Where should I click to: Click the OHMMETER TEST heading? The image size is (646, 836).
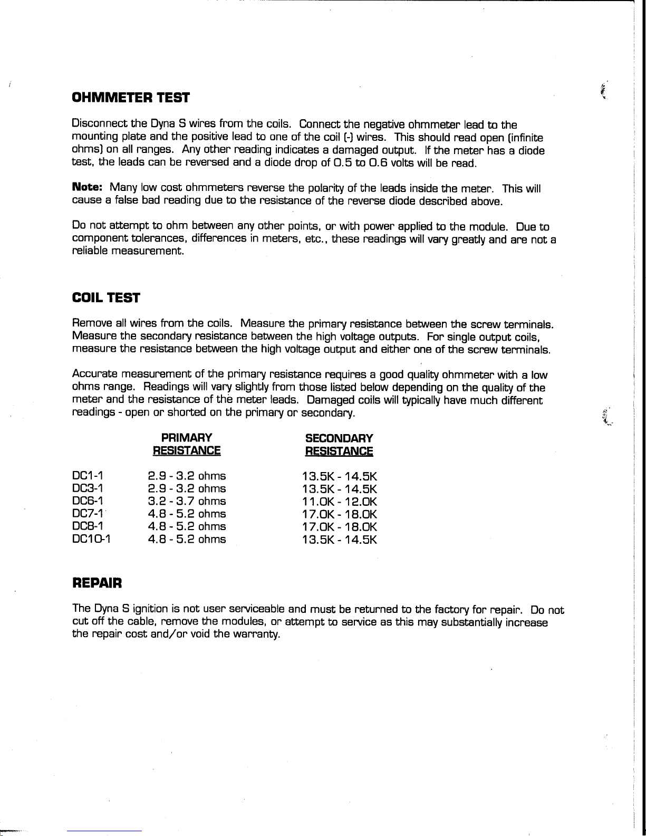click(x=130, y=98)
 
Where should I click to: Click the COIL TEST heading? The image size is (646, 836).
click(x=105, y=298)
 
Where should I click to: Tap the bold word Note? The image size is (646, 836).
click(x=87, y=188)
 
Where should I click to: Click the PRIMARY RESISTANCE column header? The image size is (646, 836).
click(x=186, y=444)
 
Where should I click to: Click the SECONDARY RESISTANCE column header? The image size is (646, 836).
click(x=339, y=444)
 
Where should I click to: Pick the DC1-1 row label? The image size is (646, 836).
click(x=87, y=476)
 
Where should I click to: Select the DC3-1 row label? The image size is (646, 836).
click(x=87, y=489)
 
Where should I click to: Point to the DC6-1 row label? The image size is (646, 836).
click(x=87, y=501)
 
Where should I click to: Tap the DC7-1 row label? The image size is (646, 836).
click(x=87, y=514)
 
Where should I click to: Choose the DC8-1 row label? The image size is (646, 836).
click(x=87, y=526)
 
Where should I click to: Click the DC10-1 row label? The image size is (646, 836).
click(x=91, y=539)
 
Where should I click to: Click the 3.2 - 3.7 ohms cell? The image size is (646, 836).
click(x=187, y=501)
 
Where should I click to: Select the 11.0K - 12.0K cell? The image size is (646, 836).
click(x=340, y=501)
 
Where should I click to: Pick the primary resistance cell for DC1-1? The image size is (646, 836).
click(x=187, y=476)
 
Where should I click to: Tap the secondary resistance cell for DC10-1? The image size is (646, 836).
click(x=340, y=539)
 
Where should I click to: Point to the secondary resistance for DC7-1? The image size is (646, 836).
click(x=340, y=514)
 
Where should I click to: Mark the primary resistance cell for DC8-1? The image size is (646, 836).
click(x=187, y=526)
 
